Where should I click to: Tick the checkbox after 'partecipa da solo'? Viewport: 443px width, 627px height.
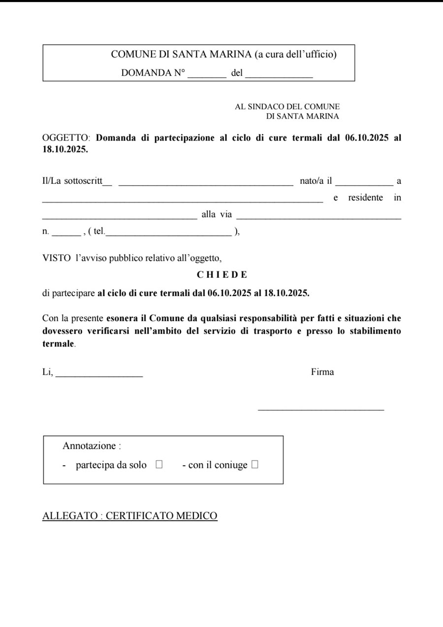pyautogui.click(x=159, y=464)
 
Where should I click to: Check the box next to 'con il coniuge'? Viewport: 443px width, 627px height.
pyautogui.click(x=254, y=464)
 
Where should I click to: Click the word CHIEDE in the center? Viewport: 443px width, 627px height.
pyautogui.click(x=222, y=275)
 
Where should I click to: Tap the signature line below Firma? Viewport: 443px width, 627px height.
pyautogui.click(x=320, y=408)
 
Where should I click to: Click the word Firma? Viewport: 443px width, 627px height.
pyautogui.click(x=322, y=372)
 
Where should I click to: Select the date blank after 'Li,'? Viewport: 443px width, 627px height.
pyautogui.click(x=99, y=375)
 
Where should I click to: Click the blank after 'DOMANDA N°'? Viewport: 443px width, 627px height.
pyautogui.click(x=207, y=76)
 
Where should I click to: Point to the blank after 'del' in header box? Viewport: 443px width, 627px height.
pyautogui.click(x=279, y=76)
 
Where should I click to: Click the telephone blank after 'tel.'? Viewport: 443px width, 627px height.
pyautogui.click(x=168, y=235)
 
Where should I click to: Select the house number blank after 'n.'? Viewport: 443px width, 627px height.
pyautogui.click(x=66, y=235)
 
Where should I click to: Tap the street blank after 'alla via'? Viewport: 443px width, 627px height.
pyautogui.click(x=318, y=217)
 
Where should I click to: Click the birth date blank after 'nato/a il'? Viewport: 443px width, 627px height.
pyautogui.click(x=364, y=184)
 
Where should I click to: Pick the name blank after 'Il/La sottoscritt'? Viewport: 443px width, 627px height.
pyautogui.click(x=206, y=184)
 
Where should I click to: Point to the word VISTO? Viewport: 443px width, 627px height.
pyautogui.click(x=57, y=257)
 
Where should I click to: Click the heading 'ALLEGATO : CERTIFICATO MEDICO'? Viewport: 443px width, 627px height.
pyautogui.click(x=130, y=516)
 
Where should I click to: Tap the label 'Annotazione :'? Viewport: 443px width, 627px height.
pyautogui.click(x=92, y=446)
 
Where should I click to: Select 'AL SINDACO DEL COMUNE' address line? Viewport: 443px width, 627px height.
pyautogui.click(x=287, y=106)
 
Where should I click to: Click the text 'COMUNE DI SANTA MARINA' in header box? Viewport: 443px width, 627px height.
pyautogui.click(x=181, y=55)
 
